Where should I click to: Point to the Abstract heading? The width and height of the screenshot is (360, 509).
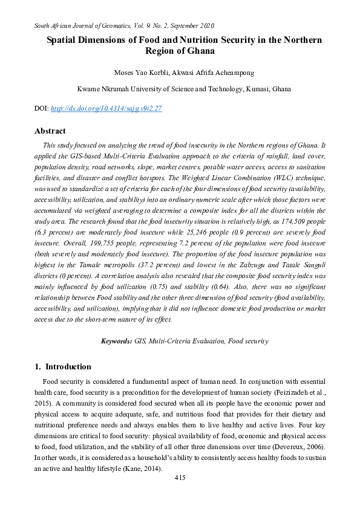pos(50,131)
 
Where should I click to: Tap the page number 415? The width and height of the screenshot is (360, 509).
pos(179,478)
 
